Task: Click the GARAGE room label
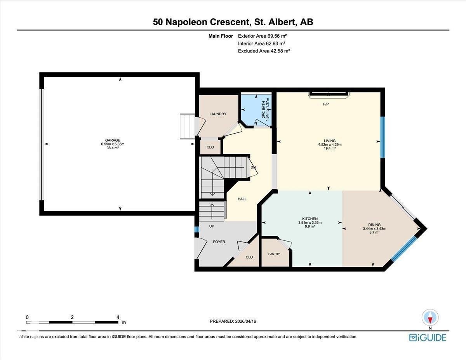112,140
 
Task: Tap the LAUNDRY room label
217,114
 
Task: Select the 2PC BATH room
256,109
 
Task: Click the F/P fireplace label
326,104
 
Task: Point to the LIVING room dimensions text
330,144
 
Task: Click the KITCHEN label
310,219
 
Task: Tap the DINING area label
374,224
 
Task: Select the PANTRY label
274,254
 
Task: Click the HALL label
242,199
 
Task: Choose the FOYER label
219,242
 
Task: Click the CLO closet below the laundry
210,147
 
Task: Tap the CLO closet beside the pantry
249,257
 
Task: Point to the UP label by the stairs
212,226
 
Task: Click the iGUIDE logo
428,337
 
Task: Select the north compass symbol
430,317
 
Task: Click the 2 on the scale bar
72,317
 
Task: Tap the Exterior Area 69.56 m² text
262,36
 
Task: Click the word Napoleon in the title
188,22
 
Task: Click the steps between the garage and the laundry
187,126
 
